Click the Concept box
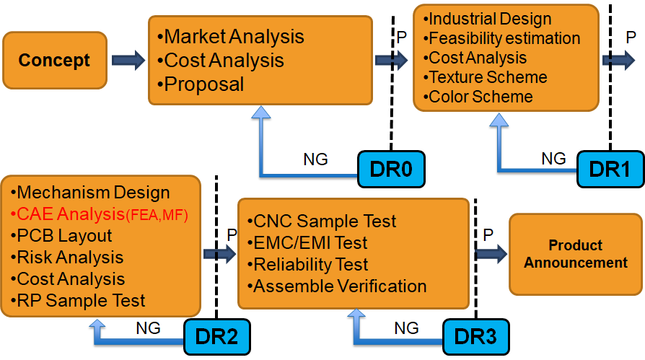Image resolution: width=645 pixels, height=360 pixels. pyautogui.click(x=54, y=60)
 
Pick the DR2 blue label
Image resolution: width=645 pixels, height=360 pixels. pyautogui.click(x=217, y=335)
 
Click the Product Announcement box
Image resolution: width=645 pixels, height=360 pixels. pyautogui.click(x=576, y=254)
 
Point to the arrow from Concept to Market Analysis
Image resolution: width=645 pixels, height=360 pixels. pyautogui.click(x=128, y=60)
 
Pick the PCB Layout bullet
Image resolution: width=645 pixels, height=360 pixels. pyautogui.click(x=63, y=235)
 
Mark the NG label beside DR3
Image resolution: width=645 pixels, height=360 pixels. pyautogui.click(x=405, y=328)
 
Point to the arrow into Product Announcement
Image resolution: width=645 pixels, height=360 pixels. pyautogui.click(x=491, y=254)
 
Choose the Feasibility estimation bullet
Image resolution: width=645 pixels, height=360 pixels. pyautogui.click(x=504, y=38)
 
